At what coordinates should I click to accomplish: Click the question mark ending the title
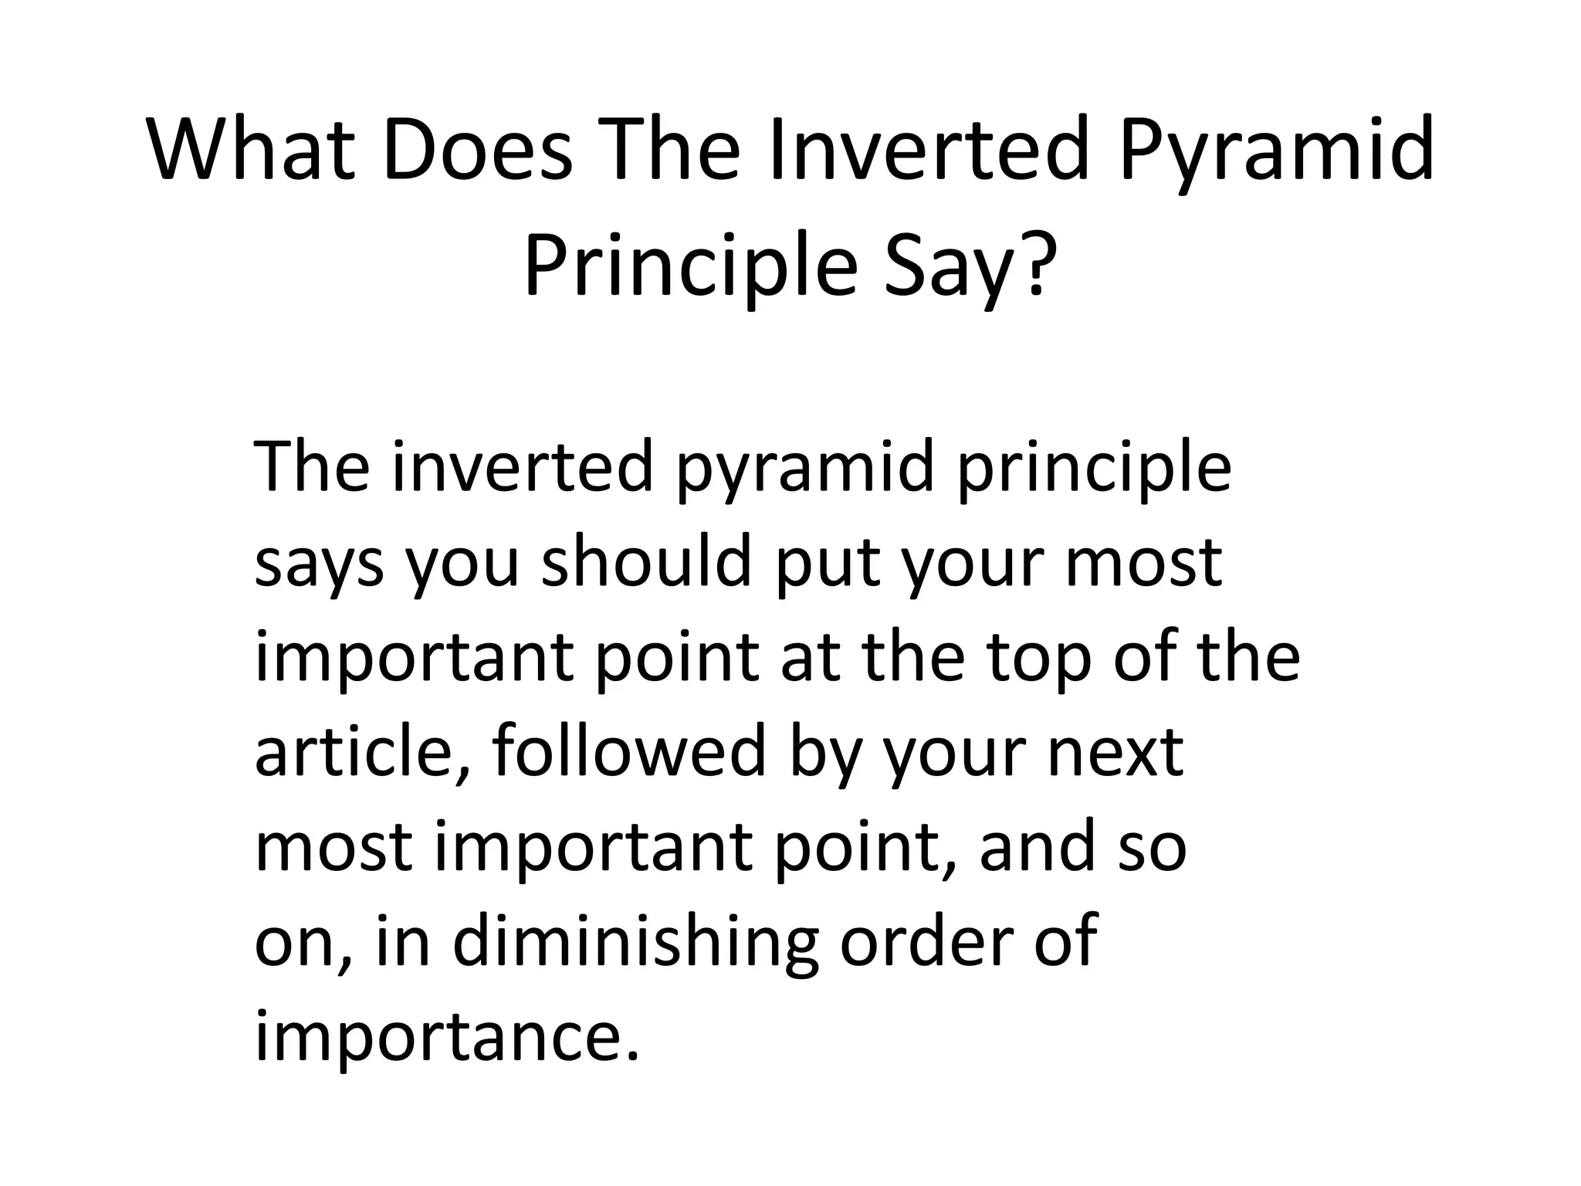coord(1031,264)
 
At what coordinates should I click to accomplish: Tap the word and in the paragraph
coord(1039,846)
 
